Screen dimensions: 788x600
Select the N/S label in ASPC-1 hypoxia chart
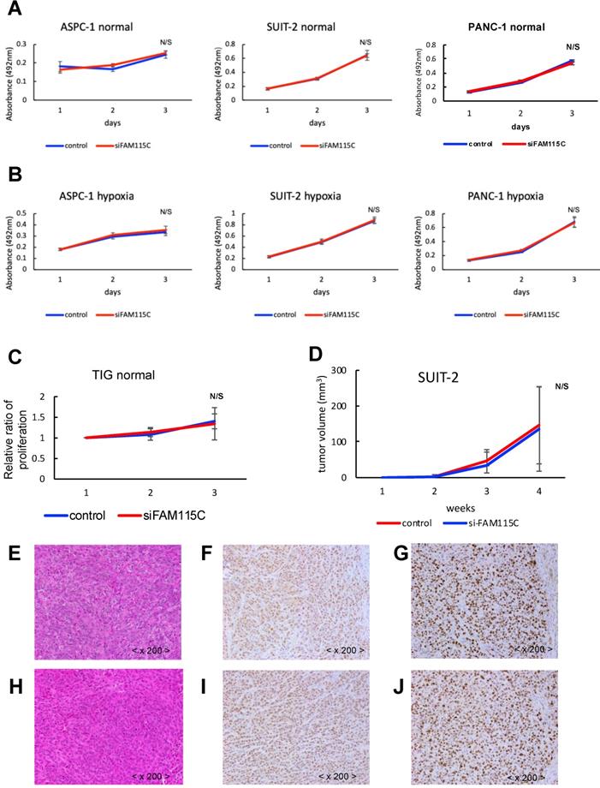click(166, 212)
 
